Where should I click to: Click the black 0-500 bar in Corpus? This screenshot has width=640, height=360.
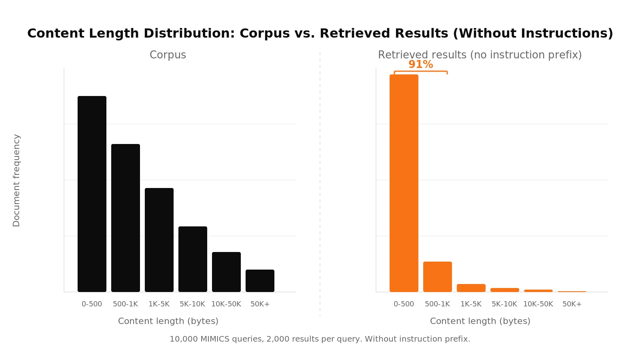pos(92,194)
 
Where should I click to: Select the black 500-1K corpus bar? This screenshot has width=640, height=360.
pos(126,218)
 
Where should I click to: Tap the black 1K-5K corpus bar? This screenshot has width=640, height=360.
pos(159,240)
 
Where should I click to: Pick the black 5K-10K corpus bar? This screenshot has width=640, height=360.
pos(193,259)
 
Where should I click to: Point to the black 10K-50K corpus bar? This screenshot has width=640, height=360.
pos(226,272)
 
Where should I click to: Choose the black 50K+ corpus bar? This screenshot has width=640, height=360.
pos(260,281)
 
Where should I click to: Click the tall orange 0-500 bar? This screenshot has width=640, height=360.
pos(404,183)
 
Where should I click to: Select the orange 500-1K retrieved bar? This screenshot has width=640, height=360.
pos(438,277)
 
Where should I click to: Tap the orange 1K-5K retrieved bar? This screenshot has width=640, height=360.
pos(471,288)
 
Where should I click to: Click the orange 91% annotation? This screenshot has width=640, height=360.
pos(421,64)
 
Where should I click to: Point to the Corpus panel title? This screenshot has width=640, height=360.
pos(168,55)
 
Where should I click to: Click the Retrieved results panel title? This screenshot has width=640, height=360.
pos(480,55)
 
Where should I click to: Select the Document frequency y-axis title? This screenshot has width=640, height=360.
pos(16,180)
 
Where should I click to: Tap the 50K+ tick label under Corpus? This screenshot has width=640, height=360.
pos(260,304)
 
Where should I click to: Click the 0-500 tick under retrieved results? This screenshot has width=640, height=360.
pos(404,304)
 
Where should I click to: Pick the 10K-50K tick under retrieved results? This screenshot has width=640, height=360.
pos(538,304)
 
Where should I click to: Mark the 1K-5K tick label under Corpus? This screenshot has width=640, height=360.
pos(159,304)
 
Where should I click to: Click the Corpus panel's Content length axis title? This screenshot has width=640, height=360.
pos(168,321)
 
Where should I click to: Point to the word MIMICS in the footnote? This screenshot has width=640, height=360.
pos(215,339)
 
